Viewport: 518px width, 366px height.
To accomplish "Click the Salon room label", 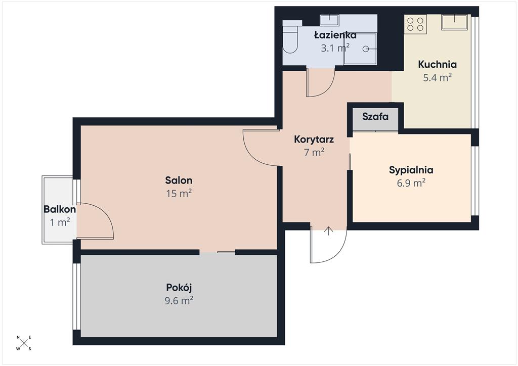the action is (x=179, y=180).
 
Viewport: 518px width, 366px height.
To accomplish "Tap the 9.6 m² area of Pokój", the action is (x=179, y=301).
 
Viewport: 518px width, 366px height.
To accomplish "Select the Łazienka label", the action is (x=335, y=35).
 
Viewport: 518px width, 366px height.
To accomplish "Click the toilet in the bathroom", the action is (x=291, y=36).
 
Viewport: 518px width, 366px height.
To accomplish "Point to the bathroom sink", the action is (x=329, y=20).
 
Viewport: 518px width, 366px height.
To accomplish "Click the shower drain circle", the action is (x=366, y=49).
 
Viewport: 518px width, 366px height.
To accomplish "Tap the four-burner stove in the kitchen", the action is (x=416, y=24).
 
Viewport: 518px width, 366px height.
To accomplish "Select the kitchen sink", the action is (x=455, y=22).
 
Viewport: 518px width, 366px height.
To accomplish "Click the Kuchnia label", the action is (x=438, y=64).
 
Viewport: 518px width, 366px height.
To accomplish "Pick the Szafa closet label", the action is (x=375, y=116).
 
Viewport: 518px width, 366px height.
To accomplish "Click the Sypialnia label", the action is (x=411, y=170).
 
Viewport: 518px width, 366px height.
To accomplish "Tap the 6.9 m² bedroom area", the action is (x=411, y=183).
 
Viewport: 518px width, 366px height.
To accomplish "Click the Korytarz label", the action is (x=314, y=139).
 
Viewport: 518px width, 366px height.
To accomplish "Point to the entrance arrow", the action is (x=329, y=231).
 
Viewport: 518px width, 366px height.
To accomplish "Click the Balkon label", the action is (x=60, y=209).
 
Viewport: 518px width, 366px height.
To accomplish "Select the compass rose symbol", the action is (x=24, y=343).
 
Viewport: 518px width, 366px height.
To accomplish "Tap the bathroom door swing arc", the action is (x=328, y=89).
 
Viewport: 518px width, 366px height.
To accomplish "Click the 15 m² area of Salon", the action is (x=179, y=193).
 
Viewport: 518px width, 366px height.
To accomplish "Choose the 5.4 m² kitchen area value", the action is (x=438, y=77).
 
